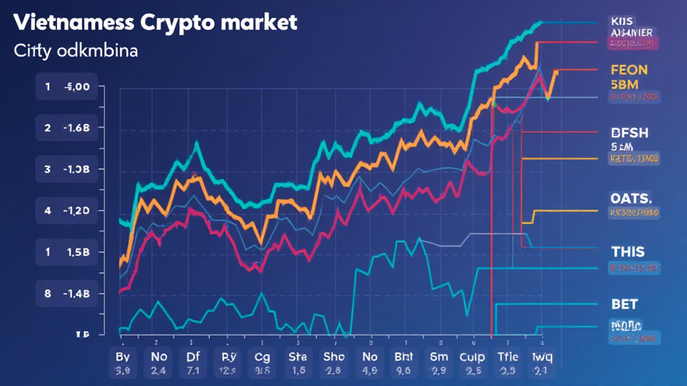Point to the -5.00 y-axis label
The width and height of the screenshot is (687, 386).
click(81, 86)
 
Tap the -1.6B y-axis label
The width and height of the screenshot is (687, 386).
click(81, 127)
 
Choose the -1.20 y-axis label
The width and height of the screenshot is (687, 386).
click(81, 210)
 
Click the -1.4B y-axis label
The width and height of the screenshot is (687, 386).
click(81, 294)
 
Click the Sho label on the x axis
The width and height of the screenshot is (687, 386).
click(333, 356)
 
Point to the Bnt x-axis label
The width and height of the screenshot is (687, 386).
click(403, 356)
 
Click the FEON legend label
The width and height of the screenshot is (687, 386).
click(629, 69)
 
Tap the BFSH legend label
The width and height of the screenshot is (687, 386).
click(629, 133)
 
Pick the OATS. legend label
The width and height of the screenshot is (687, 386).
click(631, 198)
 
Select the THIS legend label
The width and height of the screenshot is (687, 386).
click(628, 252)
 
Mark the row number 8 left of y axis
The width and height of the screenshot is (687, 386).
click(48, 294)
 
